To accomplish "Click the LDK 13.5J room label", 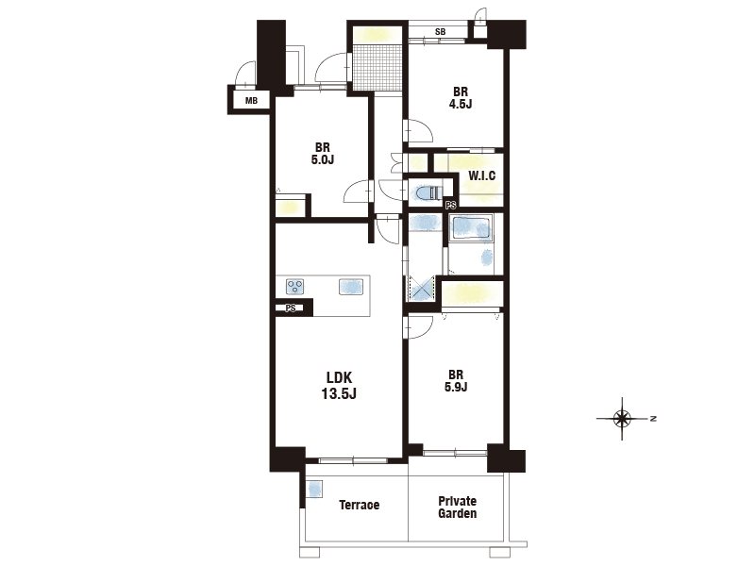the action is click(x=339, y=386).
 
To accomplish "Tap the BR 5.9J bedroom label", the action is click(x=456, y=381).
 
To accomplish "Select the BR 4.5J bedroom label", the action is click(x=461, y=97).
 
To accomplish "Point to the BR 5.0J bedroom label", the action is click(x=322, y=153).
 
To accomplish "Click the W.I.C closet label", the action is click(x=481, y=175).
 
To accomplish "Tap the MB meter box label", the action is click(x=251, y=101).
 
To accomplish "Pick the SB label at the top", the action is click(x=440, y=32).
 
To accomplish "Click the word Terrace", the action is click(x=360, y=505).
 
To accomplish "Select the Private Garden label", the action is click(x=458, y=508).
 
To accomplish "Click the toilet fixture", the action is click(x=428, y=193).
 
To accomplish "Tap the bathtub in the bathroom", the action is click(x=471, y=228).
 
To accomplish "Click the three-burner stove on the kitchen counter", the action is click(x=295, y=287).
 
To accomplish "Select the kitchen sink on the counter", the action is click(x=350, y=287).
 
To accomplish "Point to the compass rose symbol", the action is click(x=622, y=419).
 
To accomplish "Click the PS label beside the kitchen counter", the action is click(x=291, y=308).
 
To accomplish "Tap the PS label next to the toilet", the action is click(x=451, y=206).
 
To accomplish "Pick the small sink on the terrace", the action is click(x=314, y=491).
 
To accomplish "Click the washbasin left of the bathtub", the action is click(x=424, y=223).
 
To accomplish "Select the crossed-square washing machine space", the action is click(x=421, y=289).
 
